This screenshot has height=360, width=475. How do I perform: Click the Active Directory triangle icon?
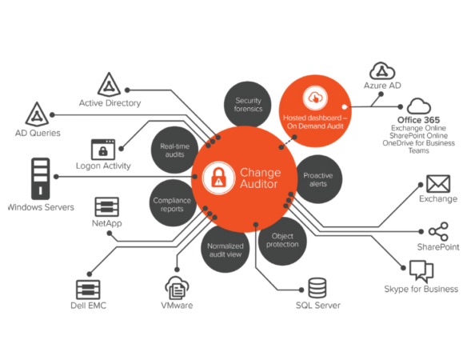click(x=109, y=85)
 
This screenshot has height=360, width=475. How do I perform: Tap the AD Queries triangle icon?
click(x=37, y=114)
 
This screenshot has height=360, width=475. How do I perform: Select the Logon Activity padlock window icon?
click(x=103, y=150)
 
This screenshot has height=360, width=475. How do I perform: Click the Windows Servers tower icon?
click(x=41, y=178)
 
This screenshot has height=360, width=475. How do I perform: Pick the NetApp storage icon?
click(x=106, y=207)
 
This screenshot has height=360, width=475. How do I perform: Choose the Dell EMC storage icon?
click(x=88, y=290)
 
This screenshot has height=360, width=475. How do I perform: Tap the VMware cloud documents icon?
click(x=177, y=287)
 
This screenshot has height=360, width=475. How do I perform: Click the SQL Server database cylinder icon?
click(x=317, y=288)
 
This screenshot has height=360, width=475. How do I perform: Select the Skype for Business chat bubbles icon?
click(x=421, y=270)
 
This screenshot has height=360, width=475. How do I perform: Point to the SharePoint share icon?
click(x=438, y=231)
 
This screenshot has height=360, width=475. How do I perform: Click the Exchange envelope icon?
click(x=438, y=184)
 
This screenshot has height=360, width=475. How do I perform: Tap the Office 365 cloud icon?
click(x=419, y=106)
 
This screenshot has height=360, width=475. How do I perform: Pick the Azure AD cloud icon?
click(x=382, y=71)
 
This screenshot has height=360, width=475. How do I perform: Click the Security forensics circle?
click(x=248, y=105)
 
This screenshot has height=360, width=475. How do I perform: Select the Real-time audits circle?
click(x=175, y=150)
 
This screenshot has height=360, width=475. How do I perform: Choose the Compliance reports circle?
click(x=172, y=203)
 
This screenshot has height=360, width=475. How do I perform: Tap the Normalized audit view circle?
click(x=225, y=249)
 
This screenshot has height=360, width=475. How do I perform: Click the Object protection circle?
click(x=282, y=241)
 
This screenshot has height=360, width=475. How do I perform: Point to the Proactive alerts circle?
click(x=318, y=179)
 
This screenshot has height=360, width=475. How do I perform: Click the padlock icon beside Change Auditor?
click(x=218, y=178)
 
